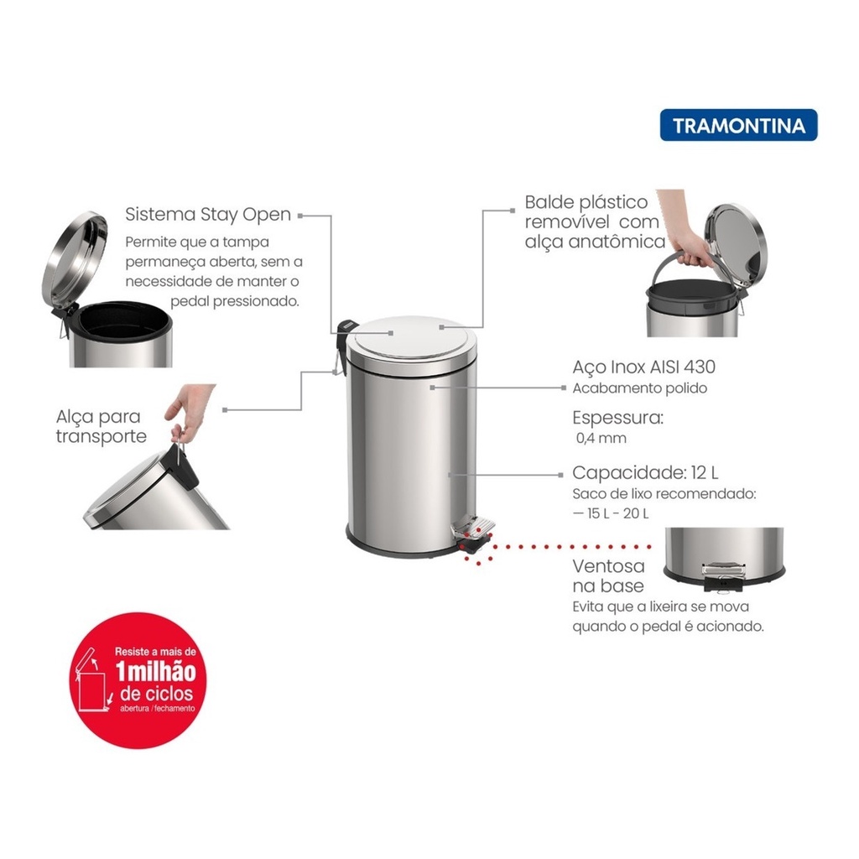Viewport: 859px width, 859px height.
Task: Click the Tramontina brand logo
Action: (x=738, y=125)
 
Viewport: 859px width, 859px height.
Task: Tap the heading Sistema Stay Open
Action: (x=208, y=215)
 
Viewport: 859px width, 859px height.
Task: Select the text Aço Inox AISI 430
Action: (x=643, y=367)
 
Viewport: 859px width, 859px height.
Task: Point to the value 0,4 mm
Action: (x=601, y=438)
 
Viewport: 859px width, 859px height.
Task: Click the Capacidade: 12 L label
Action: (x=645, y=472)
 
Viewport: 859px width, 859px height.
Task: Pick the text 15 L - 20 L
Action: (x=617, y=513)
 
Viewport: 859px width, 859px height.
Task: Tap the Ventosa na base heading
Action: (x=608, y=575)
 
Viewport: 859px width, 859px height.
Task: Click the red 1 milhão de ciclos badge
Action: (x=138, y=680)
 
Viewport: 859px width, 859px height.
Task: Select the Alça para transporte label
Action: (x=101, y=426)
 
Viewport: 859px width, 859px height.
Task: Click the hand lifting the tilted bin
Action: (x=189, y=412)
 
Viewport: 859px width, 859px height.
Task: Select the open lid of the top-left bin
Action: (x=75, y=260)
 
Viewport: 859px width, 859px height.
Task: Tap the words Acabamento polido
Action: (x=639, y=388)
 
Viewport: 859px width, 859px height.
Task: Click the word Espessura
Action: (x=617, y=418)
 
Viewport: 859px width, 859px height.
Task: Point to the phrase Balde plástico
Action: (x=586, y=202)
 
